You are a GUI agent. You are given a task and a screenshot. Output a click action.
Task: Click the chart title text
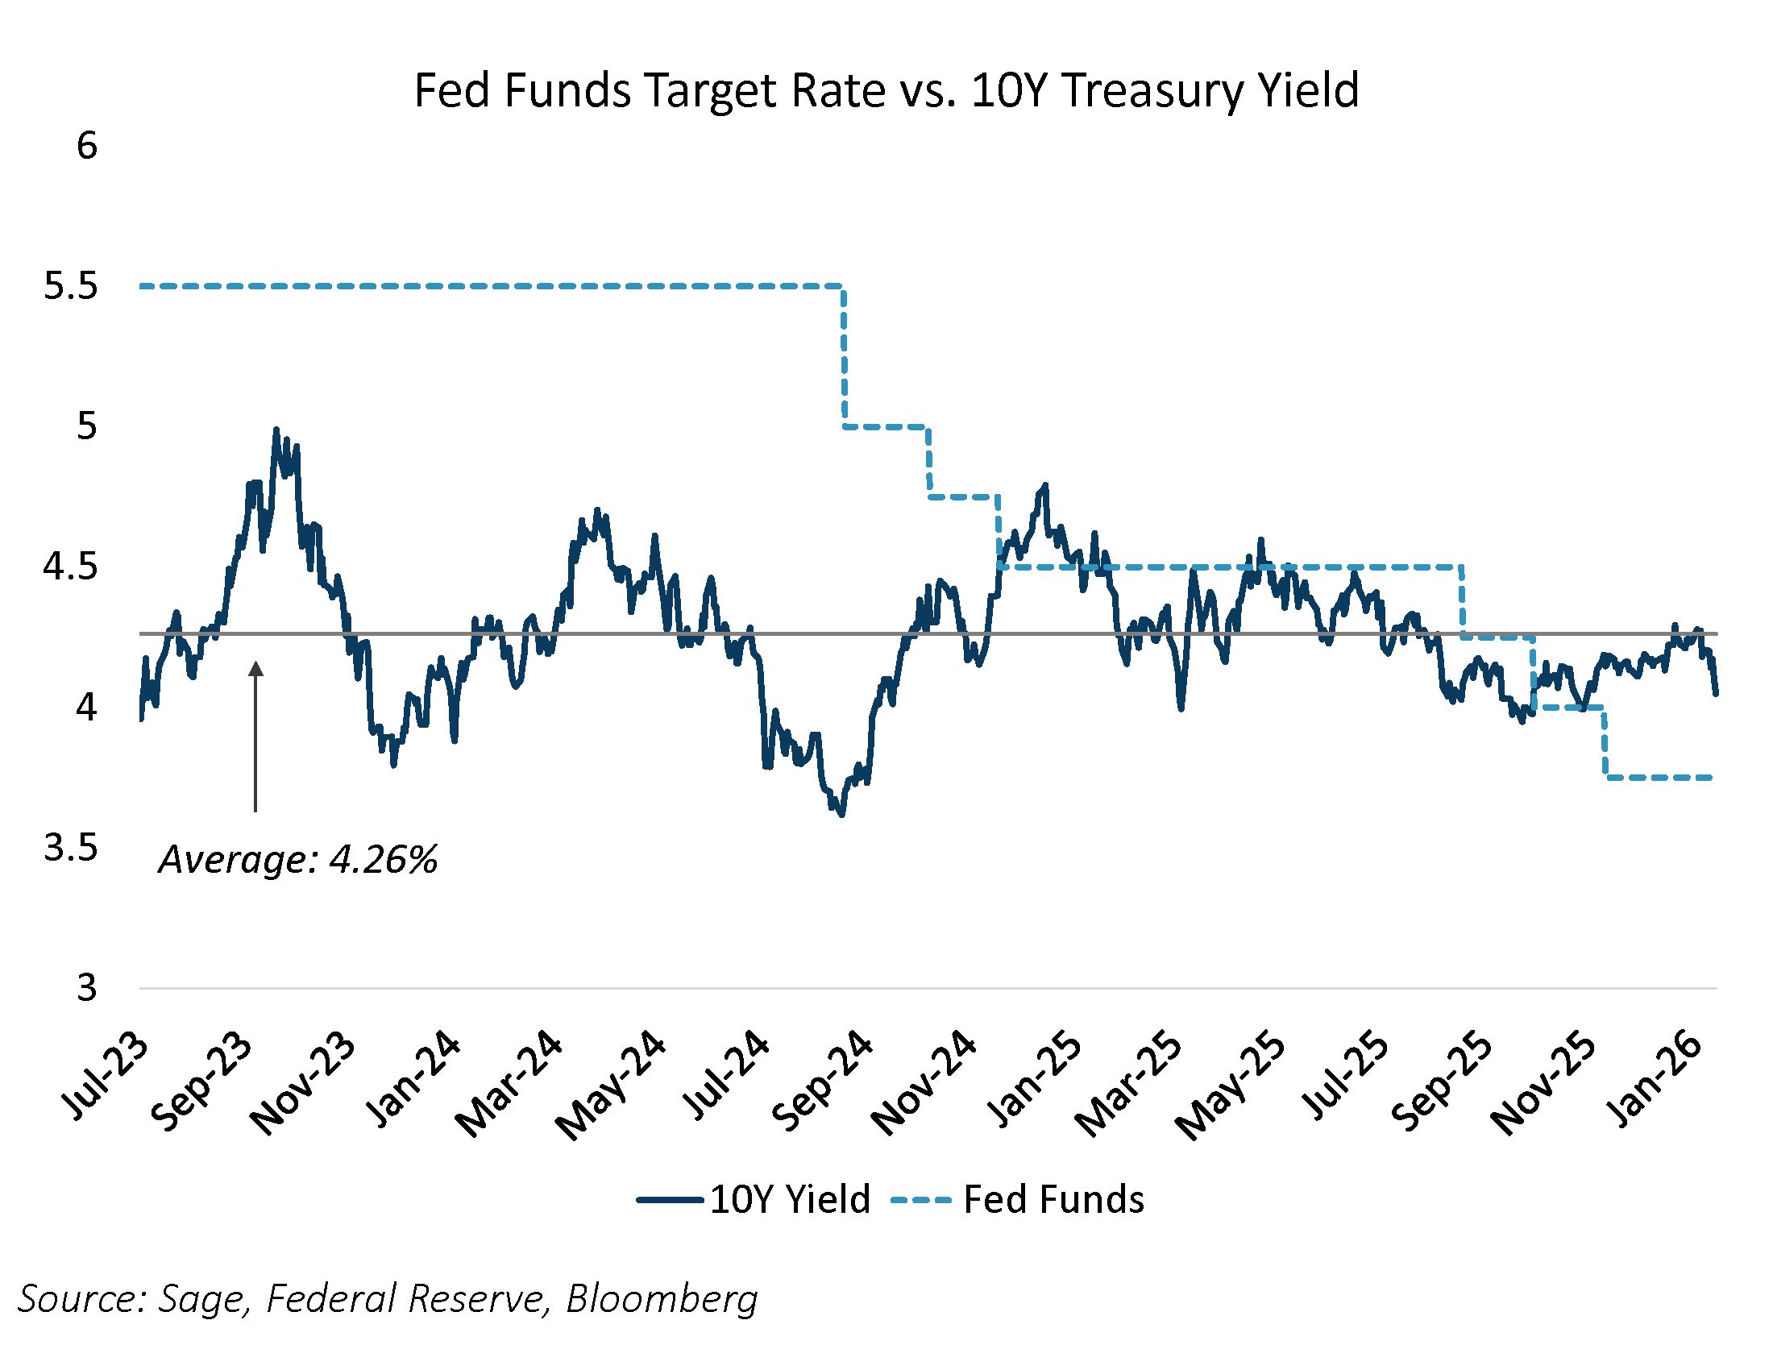coord(886,90)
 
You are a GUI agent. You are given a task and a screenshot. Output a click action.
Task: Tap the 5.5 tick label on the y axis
coord(71,287)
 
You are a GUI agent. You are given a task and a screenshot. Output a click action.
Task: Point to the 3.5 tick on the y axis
coord(71,848)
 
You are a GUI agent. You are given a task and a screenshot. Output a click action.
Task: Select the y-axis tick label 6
coord(87,146)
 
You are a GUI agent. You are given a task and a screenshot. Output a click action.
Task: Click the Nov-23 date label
coord(302,1084)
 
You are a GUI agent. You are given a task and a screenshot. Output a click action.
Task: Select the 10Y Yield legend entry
coord(755,1200)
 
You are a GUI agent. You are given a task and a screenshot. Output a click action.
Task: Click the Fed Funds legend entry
coord(1018,1200)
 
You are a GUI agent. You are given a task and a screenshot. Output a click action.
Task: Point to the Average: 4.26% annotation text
coord(298,860)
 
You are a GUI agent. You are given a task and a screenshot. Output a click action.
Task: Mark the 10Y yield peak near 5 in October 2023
coord(276,430)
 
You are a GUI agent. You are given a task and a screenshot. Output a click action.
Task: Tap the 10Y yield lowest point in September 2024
coord(842,814)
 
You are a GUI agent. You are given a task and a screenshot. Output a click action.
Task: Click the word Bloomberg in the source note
coord(662,1298)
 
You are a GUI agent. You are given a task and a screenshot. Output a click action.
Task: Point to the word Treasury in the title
coord(1153,90)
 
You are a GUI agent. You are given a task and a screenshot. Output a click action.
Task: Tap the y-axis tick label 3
coord(87,989)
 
